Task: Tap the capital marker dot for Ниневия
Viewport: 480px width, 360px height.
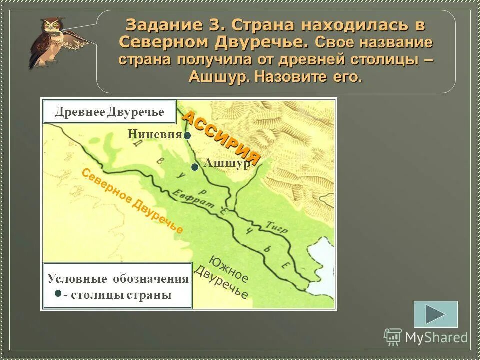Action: [186, 135]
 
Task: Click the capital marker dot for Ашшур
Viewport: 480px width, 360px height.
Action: [195, 167]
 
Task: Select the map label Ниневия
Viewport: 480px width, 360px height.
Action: [155, 134]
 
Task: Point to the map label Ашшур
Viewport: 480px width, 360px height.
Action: [227, 164]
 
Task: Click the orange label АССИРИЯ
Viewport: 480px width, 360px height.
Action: [221, 138]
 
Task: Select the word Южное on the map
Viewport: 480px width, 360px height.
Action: [229, 269]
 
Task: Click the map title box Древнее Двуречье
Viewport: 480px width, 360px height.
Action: [109, 112]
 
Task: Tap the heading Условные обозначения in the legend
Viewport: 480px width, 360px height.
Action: [118, 279]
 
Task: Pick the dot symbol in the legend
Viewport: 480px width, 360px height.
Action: [58, 293]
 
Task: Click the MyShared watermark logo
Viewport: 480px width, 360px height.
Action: [426, 337]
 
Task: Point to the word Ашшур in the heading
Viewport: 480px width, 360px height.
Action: [219, 77]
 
